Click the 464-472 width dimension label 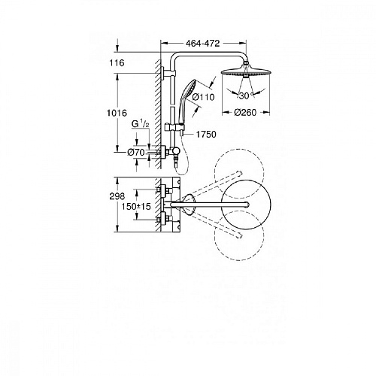[x=202, y=44]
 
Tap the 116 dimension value [x=117, y=62]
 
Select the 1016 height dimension [x=117, y=113]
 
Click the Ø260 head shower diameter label [x=245, y=113]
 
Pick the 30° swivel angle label [x=246, y=96]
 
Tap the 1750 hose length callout [x=206, y=135]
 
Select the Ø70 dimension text [x=136, y=152]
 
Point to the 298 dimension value [x=117, y=196]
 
